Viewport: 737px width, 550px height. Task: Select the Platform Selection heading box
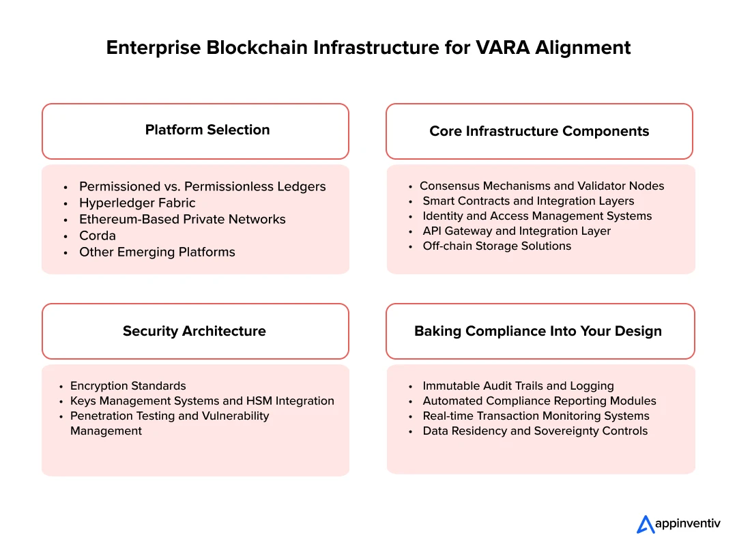[x=195, y=131]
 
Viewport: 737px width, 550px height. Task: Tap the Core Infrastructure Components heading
[x=539, y=131]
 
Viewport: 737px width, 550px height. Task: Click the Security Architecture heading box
[x=195, y=331]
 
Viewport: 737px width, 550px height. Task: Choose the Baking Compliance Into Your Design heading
[x=539, y=331]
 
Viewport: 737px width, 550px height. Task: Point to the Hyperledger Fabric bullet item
[x=137, y=203]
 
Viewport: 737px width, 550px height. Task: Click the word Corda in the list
[x=98, y=235]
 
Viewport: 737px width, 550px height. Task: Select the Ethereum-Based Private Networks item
[x=182, y=219]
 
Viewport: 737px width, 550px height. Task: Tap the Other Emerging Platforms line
[x=157, y=252]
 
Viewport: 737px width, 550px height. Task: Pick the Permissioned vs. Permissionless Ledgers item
[x=203, y=186]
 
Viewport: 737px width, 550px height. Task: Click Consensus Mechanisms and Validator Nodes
[x=542, y=186]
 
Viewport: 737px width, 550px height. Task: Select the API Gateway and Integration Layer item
[x=517, y=231]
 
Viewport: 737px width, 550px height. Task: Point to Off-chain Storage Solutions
[x=497, y=246]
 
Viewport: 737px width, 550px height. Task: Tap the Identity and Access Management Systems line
[x=537, y=216]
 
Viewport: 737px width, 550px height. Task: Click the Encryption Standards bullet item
[x=128, y=386]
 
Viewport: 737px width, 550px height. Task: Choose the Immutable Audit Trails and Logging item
[x=518, y=386]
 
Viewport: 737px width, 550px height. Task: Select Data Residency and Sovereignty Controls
[x=535, y=431]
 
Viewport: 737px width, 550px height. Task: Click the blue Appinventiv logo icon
[x=646, y=524]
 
